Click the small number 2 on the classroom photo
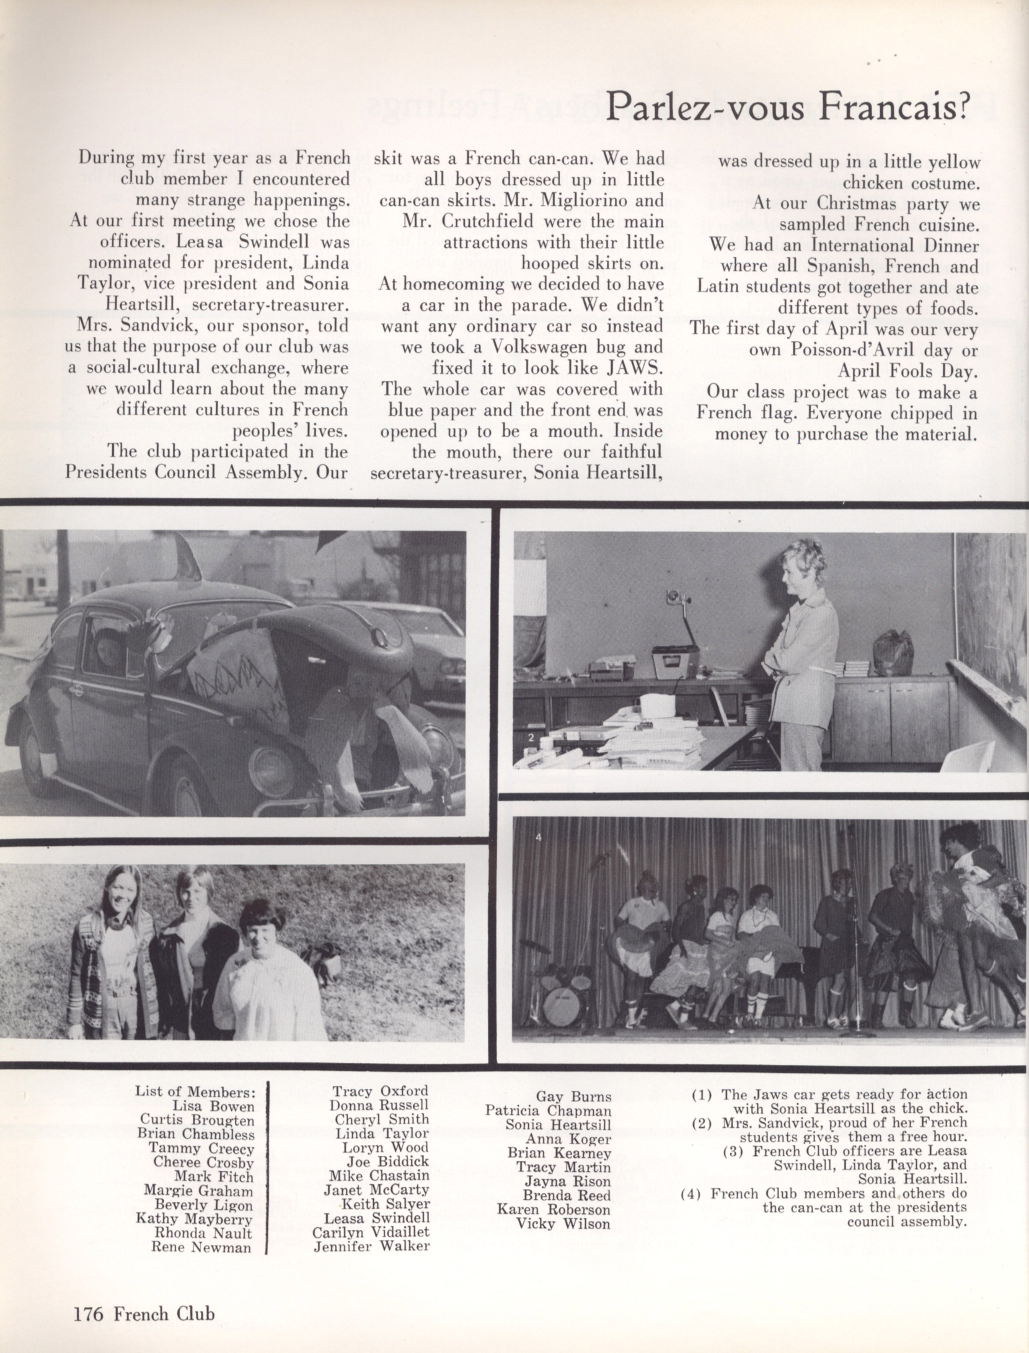[x=531, y=738]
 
